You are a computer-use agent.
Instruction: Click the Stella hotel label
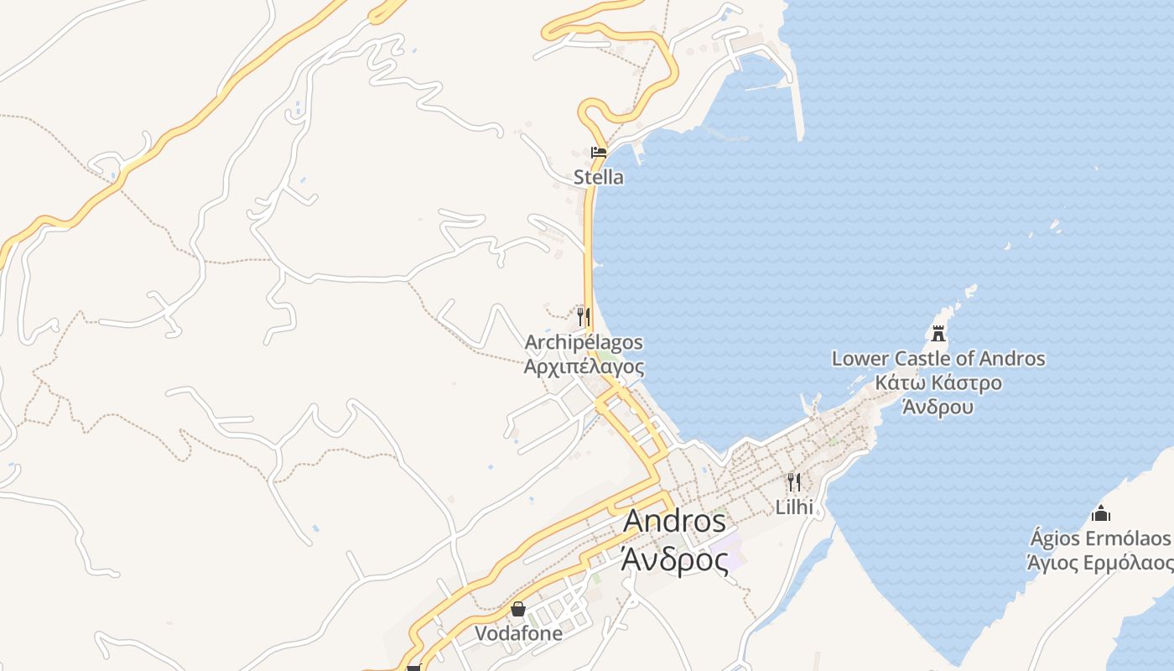[599, 177]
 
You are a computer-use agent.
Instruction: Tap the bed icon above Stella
[599, 153]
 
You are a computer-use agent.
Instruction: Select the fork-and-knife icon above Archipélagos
[584, 317]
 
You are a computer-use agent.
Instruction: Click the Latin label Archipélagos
[584, 342]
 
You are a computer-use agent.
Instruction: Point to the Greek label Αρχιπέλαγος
[584, 367]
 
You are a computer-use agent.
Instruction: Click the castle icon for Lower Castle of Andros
[938, 334]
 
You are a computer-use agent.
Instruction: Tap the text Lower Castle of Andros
[938, 359]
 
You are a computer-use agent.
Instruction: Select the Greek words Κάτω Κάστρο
[938, 383]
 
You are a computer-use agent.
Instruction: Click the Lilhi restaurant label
[794, 507]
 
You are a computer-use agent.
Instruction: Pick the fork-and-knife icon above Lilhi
[794, 481]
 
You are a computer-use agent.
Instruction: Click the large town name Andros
[675, 521]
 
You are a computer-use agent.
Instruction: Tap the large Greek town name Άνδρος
[675, 558]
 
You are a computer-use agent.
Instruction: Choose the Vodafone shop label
[518, 633]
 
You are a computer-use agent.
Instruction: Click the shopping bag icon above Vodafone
[518, 609]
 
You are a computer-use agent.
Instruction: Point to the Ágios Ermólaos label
[1100, 538]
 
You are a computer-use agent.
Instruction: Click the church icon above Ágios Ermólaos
[1101, 513]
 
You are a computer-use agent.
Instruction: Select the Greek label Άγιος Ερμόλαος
[1100, 562]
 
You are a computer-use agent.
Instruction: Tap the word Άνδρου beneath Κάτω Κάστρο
[938, 408]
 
